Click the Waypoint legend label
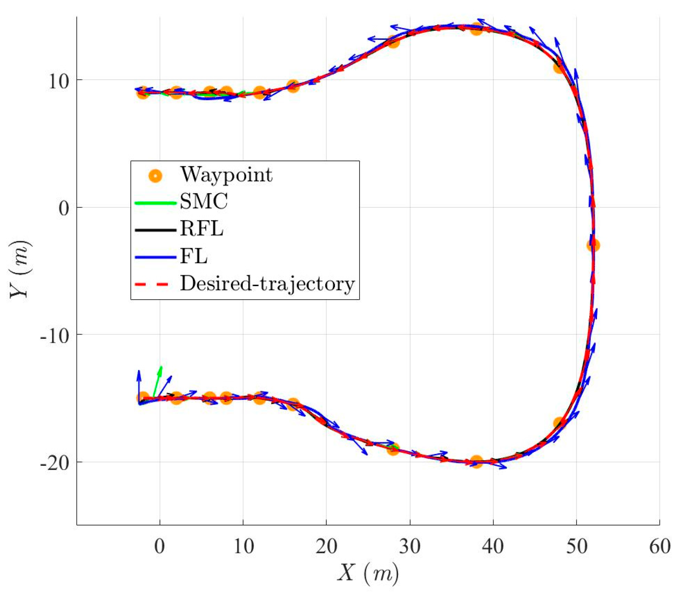226,175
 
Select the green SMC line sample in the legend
155,203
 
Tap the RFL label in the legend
201,229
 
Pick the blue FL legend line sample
155,257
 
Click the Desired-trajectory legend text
267,284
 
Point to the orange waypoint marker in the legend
155,175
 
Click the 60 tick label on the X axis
660,546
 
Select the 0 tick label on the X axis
160,546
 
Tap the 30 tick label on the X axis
410,546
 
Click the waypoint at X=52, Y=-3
593,245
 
